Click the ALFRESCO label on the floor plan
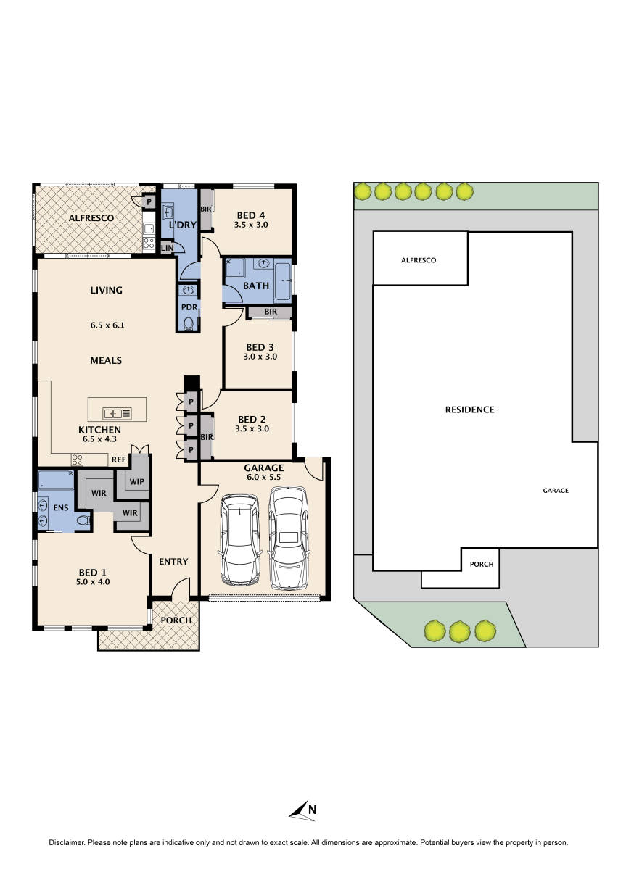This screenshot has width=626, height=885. [89, 218]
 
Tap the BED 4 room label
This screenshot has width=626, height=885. [252, 215]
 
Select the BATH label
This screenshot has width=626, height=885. [255, 286]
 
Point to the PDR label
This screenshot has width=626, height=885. [189, 307]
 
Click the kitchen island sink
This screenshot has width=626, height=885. [113, 414]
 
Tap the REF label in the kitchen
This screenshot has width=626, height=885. [118, 460]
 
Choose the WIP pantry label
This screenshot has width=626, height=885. [137, 481]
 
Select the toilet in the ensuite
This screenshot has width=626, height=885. [83, 519]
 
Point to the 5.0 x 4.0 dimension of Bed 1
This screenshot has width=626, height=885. [94, 581]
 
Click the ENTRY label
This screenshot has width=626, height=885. [173, 561]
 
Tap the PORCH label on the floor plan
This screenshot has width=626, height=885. [176, 620]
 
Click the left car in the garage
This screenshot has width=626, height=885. [239, 539]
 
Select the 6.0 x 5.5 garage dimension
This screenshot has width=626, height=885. [263, 478]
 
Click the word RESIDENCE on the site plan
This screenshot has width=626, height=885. [469, 410]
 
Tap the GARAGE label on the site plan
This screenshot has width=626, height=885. [556, 491]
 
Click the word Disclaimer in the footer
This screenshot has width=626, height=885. [67, 843]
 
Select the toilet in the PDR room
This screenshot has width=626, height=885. [189, 323]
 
